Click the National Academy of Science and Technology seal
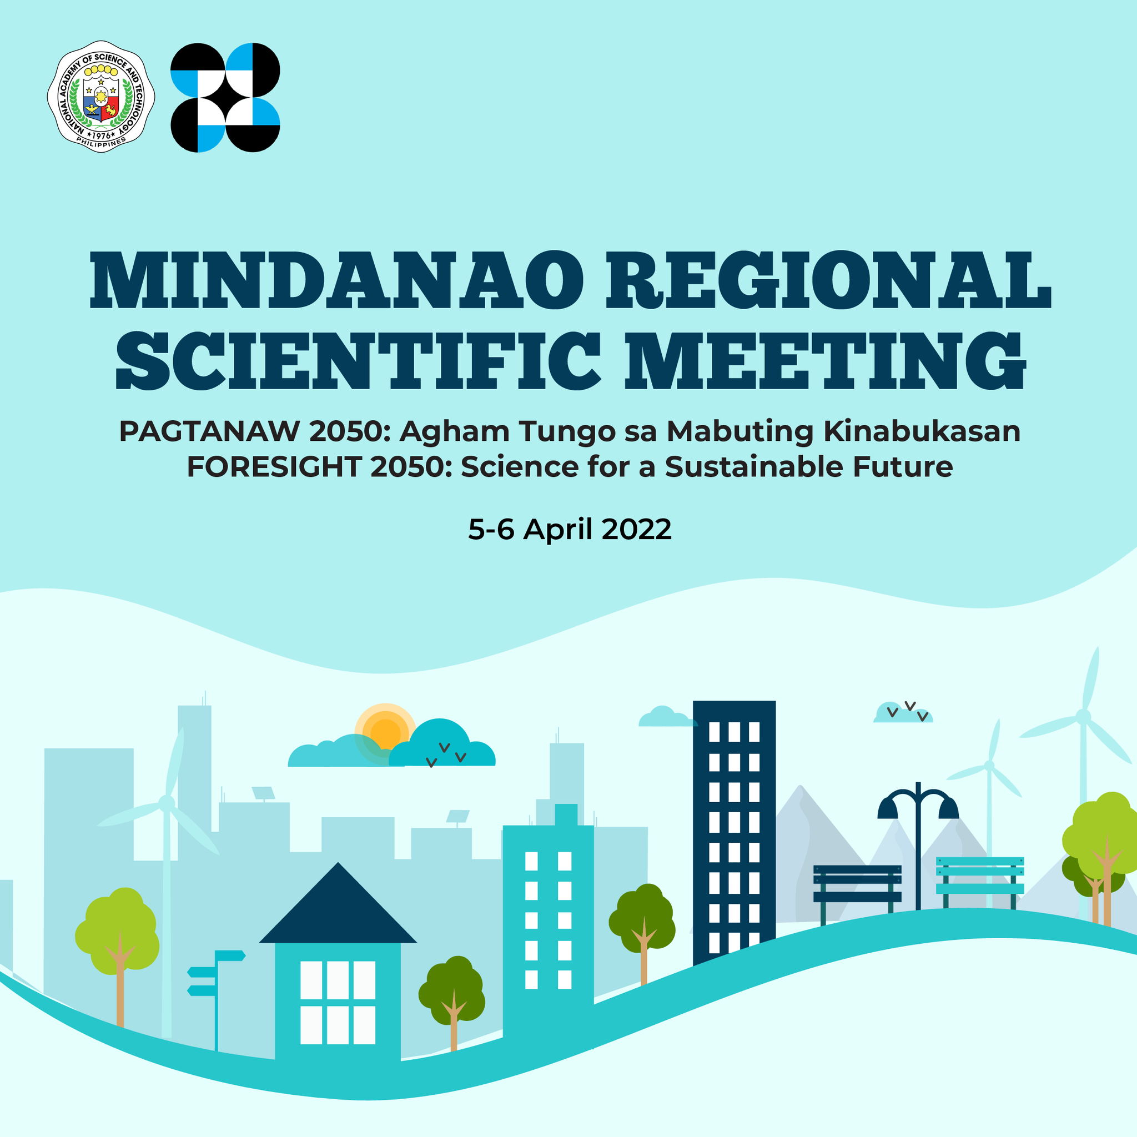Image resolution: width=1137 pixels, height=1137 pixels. coord(101,97)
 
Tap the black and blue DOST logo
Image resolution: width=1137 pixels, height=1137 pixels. coord(225,98)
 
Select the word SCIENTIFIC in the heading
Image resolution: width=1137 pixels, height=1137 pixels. coord(359,361)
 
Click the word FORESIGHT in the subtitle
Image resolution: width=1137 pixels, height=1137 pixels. coord(274,467)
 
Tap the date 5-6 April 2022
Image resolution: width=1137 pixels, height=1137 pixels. coord(570,529)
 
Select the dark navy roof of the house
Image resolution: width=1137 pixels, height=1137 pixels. coord(338,905)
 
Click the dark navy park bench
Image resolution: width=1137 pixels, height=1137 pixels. coord(857,891)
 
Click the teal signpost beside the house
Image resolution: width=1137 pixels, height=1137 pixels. coord(216,1000)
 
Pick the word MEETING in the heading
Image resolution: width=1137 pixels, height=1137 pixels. coord(825,361)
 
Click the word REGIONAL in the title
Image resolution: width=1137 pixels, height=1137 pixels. coord(829,281)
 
